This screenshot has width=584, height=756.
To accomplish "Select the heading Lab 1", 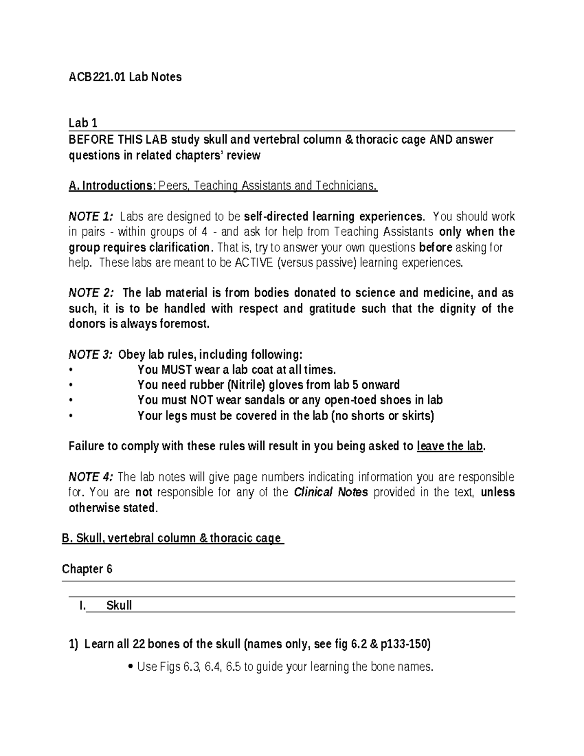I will (83, 123).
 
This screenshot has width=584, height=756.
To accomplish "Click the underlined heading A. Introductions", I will (111, 185).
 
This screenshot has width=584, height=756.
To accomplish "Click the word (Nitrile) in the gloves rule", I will (246, 385).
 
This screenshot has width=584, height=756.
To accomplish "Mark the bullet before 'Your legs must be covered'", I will (71, 416).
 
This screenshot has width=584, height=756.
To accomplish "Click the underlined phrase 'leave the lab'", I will (450, 446).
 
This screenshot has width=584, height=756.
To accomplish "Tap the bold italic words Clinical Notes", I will (331, 492).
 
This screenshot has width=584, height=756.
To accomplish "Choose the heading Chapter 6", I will (87, 569).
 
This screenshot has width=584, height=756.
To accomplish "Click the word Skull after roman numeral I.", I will (119, 606).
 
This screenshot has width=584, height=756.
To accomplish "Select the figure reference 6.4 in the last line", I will (213, 667).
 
